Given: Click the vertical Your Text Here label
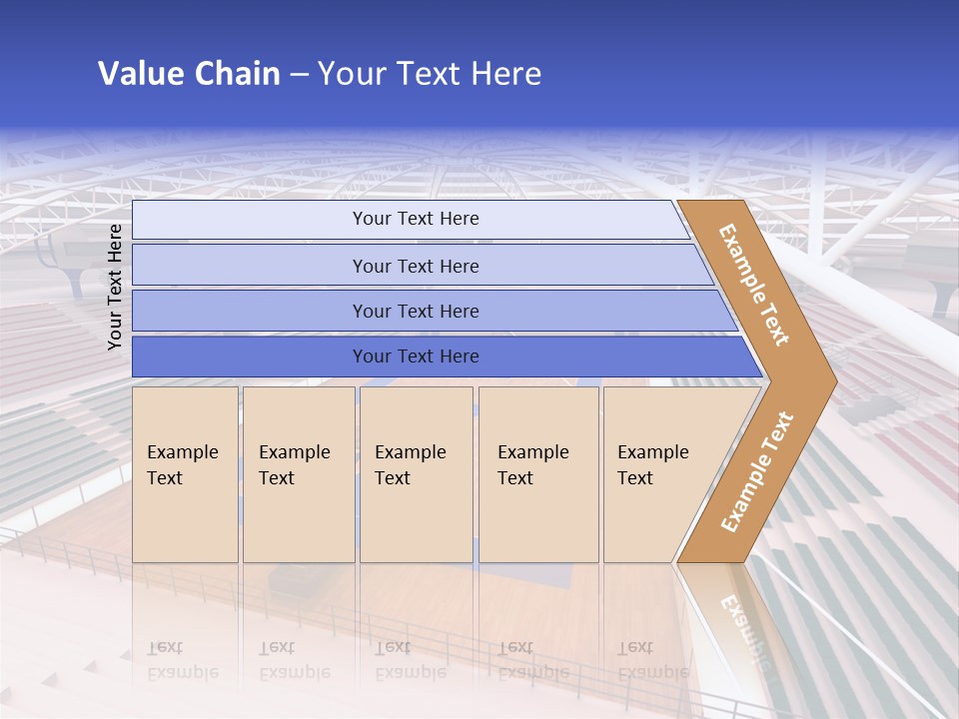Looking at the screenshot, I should [115, 287].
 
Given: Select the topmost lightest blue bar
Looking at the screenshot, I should [415, 219].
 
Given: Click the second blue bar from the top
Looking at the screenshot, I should [415, 266].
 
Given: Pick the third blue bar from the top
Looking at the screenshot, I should [415, 311].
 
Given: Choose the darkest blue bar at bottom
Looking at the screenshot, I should [415, 357].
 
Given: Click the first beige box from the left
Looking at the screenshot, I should [185, 474].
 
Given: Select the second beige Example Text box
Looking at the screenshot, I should [298, 474].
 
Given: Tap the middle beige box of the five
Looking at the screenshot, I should [416, 474].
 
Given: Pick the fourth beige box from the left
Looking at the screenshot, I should [538, 474].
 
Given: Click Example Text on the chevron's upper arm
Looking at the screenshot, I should [754, 285].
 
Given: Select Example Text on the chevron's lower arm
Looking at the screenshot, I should [756, 472].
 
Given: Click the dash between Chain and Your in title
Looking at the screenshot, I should [299, 74].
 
